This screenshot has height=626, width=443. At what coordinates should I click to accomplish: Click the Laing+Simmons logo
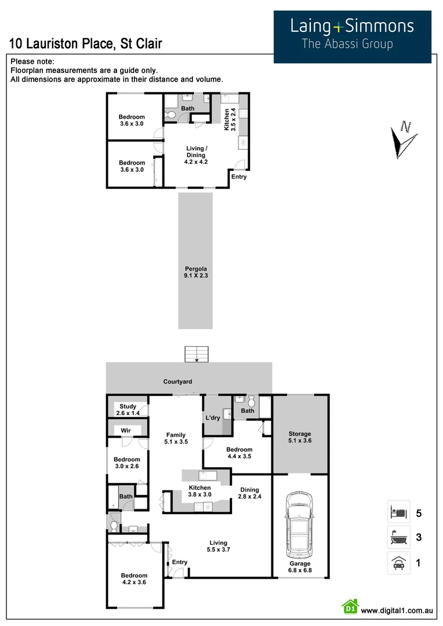tap(353, 33)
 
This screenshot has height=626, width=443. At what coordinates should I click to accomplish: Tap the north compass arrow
tap(403, 139)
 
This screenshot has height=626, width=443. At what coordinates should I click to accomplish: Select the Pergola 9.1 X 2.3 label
tap(196, 272)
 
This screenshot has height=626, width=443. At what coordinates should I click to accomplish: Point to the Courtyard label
tap(177, 382)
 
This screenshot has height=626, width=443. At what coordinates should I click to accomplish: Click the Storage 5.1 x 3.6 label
tap(300, 437)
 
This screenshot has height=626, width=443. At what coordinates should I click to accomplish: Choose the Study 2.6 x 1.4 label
tap(128, 410)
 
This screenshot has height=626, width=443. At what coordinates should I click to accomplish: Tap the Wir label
tap(125, 431)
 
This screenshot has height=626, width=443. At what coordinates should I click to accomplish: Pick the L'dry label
tap(212, 418)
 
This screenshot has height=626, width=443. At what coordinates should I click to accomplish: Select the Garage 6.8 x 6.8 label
tap(300, 567)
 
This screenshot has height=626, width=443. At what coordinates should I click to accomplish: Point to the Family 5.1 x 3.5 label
tap(176, 438)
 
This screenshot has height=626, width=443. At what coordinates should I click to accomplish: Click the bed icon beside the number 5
tap(398, 512)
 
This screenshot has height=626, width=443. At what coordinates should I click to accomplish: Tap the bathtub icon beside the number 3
tap(398, 537)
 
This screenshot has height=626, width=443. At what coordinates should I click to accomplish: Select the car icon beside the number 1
tap(398, 562)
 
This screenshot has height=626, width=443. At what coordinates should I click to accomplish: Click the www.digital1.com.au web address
tap(397, 610)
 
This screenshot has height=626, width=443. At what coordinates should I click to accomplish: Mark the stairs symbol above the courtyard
tap(197, 354)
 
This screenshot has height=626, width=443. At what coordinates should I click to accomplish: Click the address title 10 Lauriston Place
tap(86, 43)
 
